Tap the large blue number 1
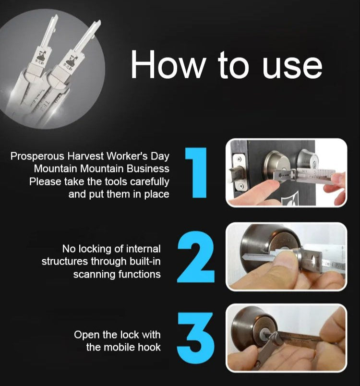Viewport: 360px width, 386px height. pos(196,173)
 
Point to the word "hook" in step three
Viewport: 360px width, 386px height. pos(149,347)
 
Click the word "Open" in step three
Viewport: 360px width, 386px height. pos(85,335)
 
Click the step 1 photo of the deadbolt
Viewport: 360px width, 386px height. pos(287,173)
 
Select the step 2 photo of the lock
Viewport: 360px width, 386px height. pos(287,257)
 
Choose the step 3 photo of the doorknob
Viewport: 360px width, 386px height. pos(287,338)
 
